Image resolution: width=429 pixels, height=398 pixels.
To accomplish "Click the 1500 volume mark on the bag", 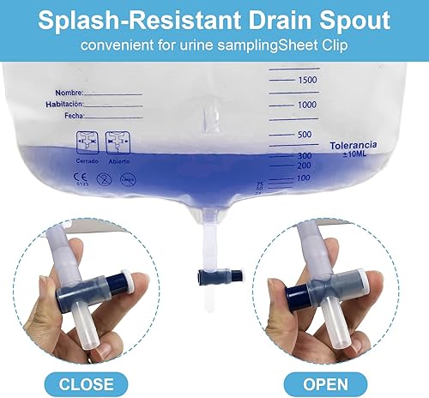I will tap(306, 80).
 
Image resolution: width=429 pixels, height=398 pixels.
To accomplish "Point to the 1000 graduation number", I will tap(306, 104).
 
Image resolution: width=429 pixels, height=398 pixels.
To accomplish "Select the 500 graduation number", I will tap(303, 135).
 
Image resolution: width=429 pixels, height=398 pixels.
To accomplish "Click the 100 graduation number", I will tap(303, 178).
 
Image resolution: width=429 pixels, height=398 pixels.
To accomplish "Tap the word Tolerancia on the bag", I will tap(353, 146).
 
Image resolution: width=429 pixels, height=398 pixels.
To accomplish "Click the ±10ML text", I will tap(352, 156).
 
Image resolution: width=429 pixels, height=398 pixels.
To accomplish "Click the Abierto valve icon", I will tap(117, 142).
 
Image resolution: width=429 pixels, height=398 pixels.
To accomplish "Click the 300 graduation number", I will tap(303, 155).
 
